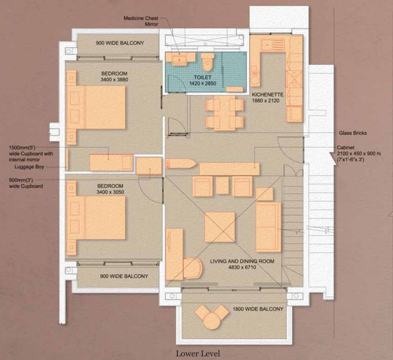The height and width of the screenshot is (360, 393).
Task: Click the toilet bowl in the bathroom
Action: coord(207,61)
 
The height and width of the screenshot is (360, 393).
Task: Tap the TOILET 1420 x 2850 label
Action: coord(203,80)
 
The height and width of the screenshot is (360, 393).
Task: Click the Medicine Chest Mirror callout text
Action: coord(141,21)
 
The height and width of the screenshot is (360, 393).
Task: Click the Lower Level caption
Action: coord(198,353)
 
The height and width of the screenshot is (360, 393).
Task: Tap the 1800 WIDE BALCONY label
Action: coord(259,309)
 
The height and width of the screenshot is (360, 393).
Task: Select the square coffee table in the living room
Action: coord(220,227)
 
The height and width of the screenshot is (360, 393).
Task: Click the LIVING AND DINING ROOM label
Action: coord(242,264)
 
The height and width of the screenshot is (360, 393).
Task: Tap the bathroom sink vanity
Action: coord(180,58)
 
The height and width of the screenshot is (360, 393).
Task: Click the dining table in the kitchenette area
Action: coord(224,113)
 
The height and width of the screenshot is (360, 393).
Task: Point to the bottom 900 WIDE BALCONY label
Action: coord(124,276)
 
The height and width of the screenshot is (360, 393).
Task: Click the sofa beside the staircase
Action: coord(268,226)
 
